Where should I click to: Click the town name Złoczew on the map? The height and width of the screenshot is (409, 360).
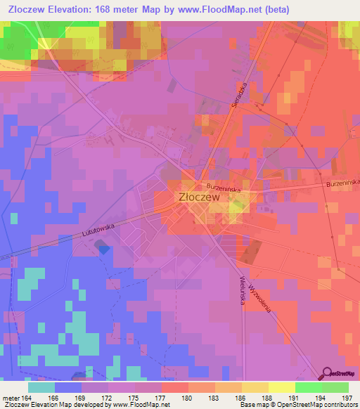(200, 198)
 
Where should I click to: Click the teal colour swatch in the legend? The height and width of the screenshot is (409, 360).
(41, 387)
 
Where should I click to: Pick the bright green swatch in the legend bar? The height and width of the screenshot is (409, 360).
(309, 387)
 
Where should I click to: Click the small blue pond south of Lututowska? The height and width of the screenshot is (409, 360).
(103, 247)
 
